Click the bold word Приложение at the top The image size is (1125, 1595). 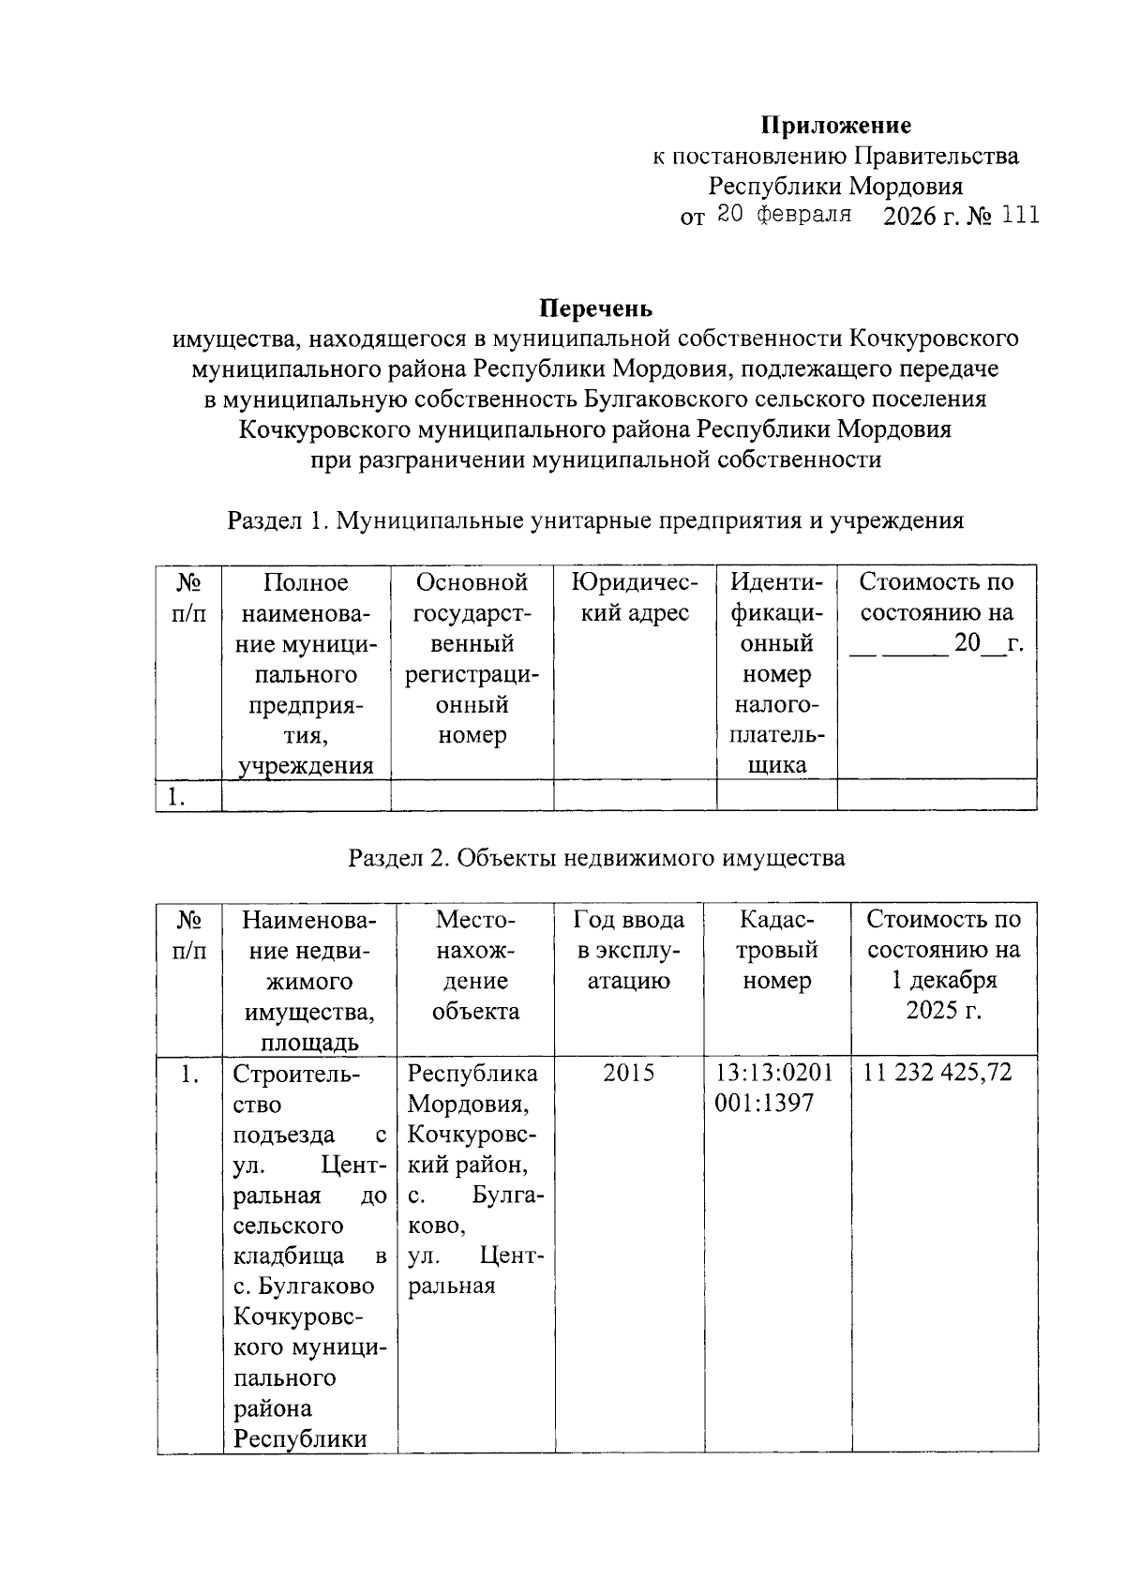tap(834, 126)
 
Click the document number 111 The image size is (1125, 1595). tap(1020, 216)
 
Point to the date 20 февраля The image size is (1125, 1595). tap(783, 215)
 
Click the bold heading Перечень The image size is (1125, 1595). tap(595, 308)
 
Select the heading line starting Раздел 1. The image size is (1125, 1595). tap(595, 521)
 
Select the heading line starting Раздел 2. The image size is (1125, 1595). tap(596, 858)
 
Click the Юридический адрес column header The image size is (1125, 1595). tap(635, 598)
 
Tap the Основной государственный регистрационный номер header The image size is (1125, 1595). tap(472, 659)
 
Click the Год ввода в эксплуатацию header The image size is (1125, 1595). tap(628, 950)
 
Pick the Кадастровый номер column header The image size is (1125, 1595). tap(777, 950)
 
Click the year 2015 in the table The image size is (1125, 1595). tap(628, 1073)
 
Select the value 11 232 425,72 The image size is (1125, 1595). tap(937, 1073)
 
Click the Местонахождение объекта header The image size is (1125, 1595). tap(475, 965)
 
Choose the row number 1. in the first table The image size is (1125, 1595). tap(178, 797)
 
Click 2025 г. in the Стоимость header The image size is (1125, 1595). tap(943, 1012)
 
